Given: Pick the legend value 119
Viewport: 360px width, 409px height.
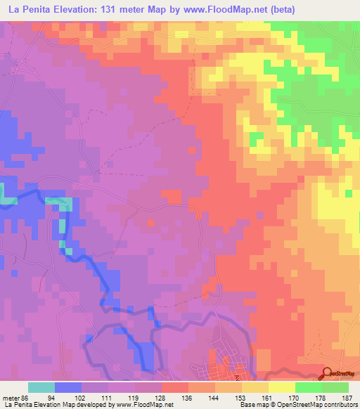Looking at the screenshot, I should [x=135, y=398].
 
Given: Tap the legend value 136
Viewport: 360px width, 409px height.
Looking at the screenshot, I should [x=188, y=398].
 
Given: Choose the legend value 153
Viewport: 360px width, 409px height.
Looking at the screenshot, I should [x=242, y=398].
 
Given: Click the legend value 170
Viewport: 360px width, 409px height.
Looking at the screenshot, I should [x=295, y=398].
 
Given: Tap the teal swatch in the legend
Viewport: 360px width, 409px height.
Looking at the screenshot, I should [x=41, y=387].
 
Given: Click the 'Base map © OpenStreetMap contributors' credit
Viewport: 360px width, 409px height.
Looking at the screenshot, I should [x=304, y=405].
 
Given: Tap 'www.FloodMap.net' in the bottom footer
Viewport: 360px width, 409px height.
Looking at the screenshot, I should [x=144, y=405].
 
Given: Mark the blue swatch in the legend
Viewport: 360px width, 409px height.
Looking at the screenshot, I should [x=68, y=387].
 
